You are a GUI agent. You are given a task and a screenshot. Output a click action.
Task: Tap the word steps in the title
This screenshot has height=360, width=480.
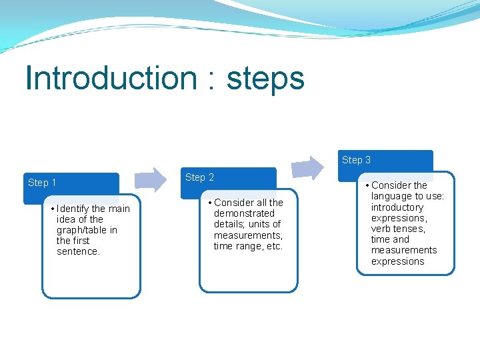click(x=265, y=79)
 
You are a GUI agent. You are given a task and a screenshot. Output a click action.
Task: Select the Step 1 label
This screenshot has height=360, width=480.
click(x=42, y=183)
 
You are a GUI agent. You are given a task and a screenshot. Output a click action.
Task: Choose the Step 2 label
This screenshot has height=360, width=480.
click(x=199, y=177)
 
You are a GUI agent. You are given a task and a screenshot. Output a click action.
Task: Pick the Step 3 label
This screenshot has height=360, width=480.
click(x=356, y=160)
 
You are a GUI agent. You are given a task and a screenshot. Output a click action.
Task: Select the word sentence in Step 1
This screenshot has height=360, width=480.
click(x=77, y=251)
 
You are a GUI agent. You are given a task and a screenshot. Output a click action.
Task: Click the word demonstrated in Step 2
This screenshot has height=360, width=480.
click(x=244, y=213)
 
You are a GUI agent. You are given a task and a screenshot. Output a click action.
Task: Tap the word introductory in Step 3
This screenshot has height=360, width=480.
click(x=397, y=207)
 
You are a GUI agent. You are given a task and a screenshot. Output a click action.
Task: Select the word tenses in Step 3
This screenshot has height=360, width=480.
click(x=409, y=229)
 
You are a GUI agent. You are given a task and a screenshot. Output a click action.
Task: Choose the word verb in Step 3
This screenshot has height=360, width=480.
click(x=381, y=229)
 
